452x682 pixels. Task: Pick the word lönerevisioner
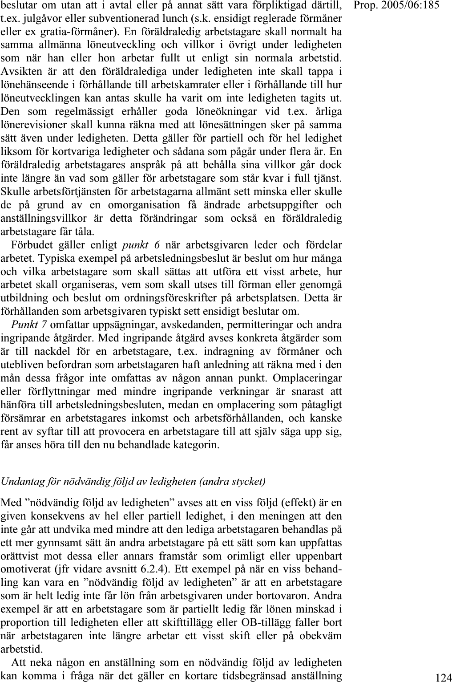tap(28, 125)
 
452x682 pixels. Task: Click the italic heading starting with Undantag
tap(133, 481)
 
